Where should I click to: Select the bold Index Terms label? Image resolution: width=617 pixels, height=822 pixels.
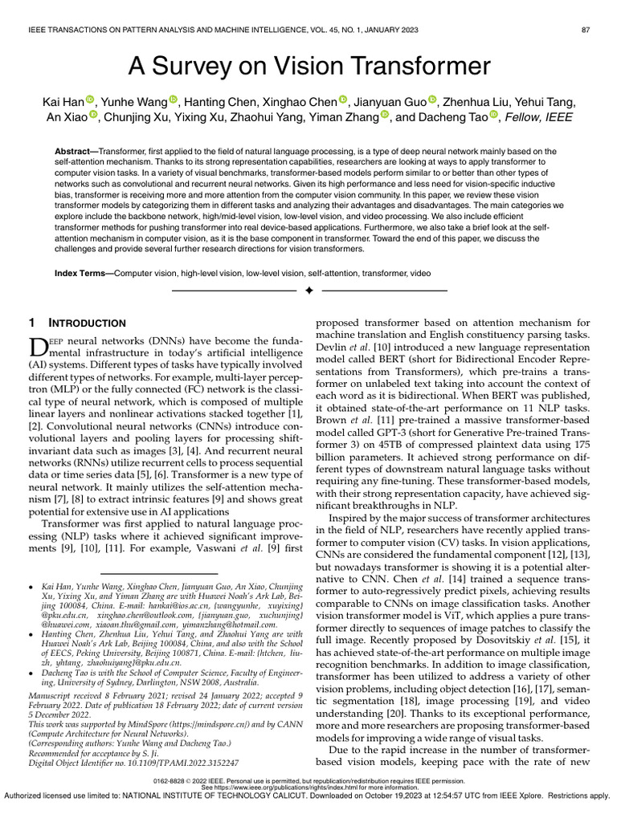pos(83,274)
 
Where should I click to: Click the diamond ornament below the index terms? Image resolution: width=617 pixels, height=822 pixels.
pos(308,290)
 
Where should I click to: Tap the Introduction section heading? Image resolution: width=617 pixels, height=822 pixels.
pos(84,323)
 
